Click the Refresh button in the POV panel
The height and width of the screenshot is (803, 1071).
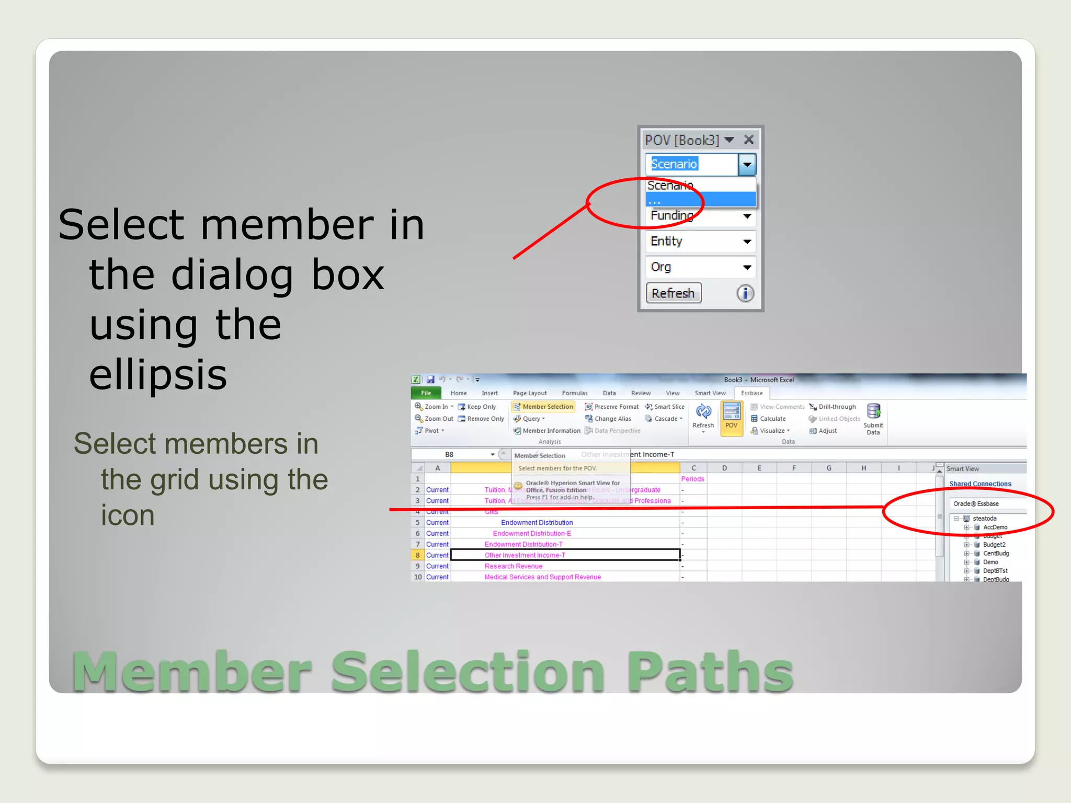pos(673,293)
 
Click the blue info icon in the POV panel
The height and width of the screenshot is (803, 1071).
pos(745,293)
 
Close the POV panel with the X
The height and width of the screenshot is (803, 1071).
pos(749,140)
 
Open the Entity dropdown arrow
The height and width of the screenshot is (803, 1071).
pos(747,242)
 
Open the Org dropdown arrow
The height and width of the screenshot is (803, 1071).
pos(747,267)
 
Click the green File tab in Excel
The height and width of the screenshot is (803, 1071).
pos(426,393)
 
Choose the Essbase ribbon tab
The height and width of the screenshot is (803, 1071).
pos(751,393)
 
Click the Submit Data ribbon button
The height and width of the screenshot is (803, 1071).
pos(873,419)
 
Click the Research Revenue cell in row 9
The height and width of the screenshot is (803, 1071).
pos(513,566)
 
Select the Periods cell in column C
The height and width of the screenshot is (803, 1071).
pos(692,479)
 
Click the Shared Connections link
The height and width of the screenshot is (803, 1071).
pos(980,484)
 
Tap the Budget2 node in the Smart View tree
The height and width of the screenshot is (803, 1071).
pos(994,545)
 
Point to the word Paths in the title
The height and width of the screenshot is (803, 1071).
pos(710,672)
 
